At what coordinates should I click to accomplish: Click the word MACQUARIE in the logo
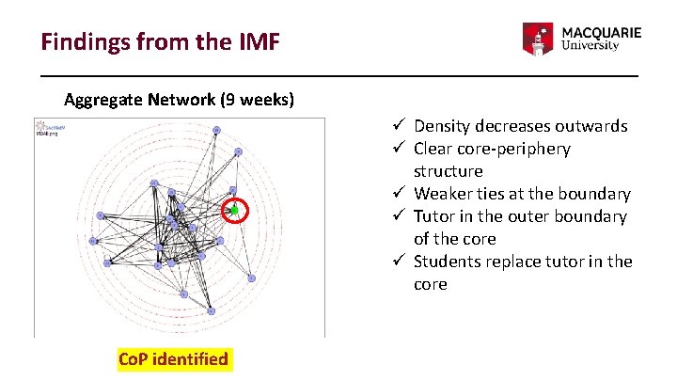(x=602, y=31)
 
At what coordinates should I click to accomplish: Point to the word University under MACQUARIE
(x=590, y=46)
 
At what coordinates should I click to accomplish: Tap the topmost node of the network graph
(x=216, y=130)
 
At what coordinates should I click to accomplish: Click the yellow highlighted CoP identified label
(x=173, y=359)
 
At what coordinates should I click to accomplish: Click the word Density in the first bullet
(x=442, y=126)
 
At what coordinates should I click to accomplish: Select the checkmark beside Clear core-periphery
(x=399, y=149)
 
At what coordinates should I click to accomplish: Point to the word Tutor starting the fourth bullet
(x=434, y=216)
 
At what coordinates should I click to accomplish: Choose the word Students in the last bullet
(x=447, y=262)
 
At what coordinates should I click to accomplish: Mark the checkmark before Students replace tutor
(x=399, y=262)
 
